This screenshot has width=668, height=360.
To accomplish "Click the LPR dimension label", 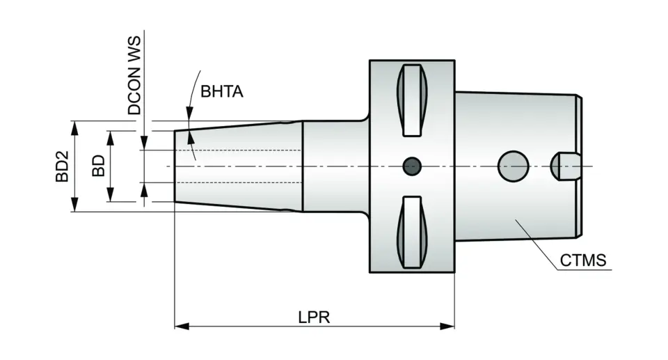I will [314, 317].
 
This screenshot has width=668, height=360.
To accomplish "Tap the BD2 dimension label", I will [63, 166].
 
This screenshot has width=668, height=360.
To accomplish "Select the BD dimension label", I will [99, 166].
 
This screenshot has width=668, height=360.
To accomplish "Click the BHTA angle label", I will [222, 92].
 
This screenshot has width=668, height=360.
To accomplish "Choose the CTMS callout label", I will [583, 260].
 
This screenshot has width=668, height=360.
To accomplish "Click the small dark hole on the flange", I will [413, 166].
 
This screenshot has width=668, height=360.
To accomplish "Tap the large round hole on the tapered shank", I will [513, 166].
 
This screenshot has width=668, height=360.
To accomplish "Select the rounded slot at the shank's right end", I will [565, 166].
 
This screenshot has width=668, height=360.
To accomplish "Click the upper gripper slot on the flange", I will [412, 100].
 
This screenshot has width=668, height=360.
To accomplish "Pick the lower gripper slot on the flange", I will [412, 232].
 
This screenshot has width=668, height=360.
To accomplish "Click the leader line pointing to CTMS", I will [539, 244].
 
